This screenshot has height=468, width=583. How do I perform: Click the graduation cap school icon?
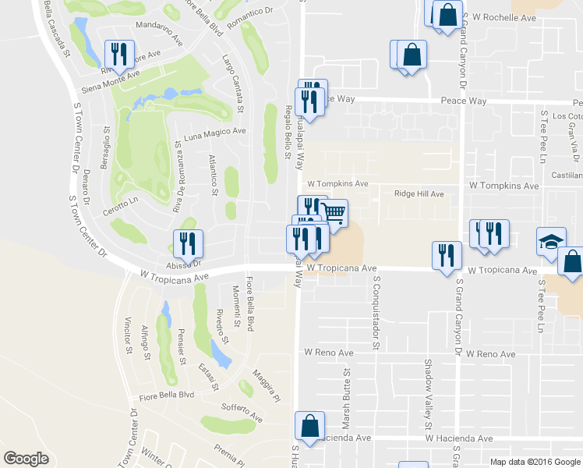(551, 242)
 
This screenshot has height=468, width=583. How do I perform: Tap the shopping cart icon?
(334, 212)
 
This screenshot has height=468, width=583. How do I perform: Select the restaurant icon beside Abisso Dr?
(188, 243)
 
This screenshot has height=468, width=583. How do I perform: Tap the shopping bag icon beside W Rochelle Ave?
(447, 13)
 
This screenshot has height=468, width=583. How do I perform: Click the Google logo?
(26, 459)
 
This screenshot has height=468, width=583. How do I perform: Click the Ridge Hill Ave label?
(419, 193)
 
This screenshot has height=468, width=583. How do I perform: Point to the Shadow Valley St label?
(427, 395)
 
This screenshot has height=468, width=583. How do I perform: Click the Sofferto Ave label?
(241, 412)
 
